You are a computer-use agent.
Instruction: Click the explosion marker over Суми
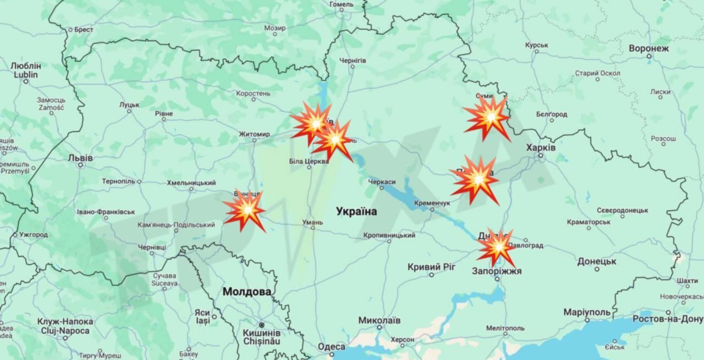[487, 117]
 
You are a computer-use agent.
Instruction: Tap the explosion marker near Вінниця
[245, 210]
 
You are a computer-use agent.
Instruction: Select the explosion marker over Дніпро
[497, 247]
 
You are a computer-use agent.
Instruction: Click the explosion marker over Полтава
[476, 179]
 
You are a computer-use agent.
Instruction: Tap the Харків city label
[541, 147]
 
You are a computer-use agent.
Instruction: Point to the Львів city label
[80, 158]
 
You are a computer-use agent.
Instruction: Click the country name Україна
[356, 211]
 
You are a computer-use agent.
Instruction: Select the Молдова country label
[247, 292]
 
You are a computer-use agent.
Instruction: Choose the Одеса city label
[332, 346]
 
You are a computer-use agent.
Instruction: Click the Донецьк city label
[597, 261]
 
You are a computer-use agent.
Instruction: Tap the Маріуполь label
[587, 312]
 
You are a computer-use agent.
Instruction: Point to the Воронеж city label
[649, 48]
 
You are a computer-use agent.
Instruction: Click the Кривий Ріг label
[432, 267]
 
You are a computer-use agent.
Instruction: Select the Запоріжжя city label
[497, 271]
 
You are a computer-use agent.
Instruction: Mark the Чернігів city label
[353, 60]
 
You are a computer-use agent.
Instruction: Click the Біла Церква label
[309, 161]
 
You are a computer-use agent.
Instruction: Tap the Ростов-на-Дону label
[668, 319]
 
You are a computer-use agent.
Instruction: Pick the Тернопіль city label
[118, 181]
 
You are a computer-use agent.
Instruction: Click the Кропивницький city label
[389, 235]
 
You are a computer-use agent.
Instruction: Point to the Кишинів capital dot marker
[261, 325]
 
